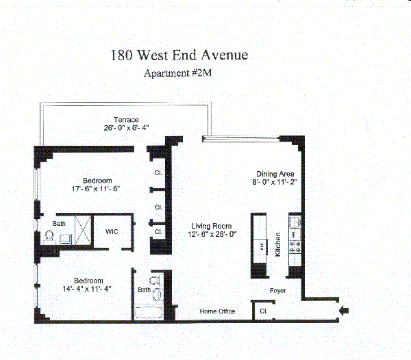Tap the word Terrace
pos(127,120)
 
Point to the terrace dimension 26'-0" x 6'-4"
pos(127,128)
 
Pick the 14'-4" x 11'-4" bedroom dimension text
pos(88,289)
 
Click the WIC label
pos(112,231)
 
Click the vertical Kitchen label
pos(278,244)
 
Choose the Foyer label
pos(277,291)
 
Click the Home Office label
pos(217,311)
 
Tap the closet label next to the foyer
pos(263,311)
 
